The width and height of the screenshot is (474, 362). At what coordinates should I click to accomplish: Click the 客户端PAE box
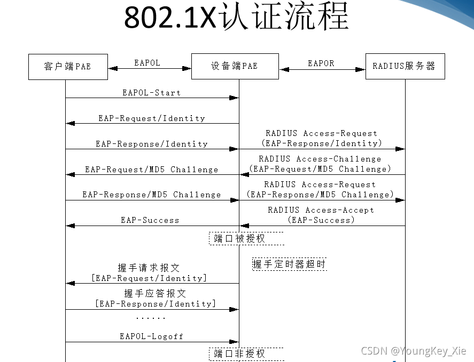tap(67, 66)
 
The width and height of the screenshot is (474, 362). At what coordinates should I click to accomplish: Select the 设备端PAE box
tap(235, 66)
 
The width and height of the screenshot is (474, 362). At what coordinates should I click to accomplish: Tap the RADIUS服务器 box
tap(405, 66)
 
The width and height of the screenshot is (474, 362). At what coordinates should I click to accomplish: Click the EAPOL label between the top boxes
tap(147, 63)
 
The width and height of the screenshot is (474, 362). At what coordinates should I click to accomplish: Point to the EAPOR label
tap(321, 63)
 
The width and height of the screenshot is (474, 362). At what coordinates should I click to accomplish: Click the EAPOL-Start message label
tap(151, 93)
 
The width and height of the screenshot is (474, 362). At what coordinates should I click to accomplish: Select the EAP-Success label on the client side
tap(150, 220)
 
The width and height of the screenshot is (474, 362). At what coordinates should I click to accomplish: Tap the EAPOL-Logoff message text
tap(151, 336)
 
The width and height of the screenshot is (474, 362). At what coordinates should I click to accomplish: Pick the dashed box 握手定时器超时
tap(289, 264)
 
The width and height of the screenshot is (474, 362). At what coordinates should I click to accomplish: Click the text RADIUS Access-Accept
tap(321, 210)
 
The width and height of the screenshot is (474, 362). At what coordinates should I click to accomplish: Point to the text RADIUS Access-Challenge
tap(320, 159)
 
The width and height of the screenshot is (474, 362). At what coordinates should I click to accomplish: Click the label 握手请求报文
tap(149, 268)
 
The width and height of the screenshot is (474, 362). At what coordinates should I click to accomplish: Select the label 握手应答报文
tap(155, 294)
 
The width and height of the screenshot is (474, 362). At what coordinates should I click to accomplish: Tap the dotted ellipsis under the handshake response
tap(150, 318)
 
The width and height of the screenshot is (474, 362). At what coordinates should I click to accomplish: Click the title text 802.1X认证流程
tap(236, 17)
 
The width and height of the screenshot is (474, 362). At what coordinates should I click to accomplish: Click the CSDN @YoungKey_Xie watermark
tap(413, 351)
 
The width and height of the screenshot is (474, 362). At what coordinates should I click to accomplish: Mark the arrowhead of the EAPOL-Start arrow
tap(234, 98)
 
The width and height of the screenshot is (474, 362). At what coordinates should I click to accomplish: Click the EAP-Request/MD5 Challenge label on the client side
tap(151, 170)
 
